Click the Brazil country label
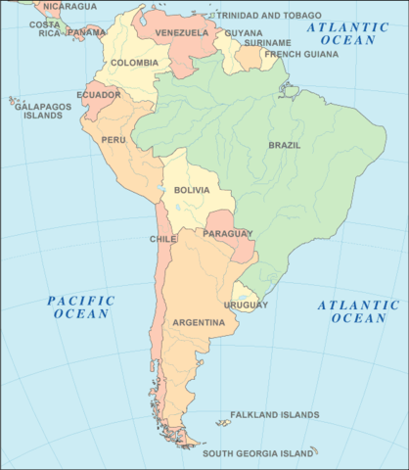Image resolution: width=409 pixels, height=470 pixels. pyautogui.click(x=284, y=146)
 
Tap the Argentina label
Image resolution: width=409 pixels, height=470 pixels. pyautogui.click(x=199, y=322)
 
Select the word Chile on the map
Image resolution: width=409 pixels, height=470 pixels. pyautogui.click(x=162, y=239)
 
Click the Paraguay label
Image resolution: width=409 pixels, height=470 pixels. pyautogui.click(x=228, y=233)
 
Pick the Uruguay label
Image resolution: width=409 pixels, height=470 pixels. pyautogui.click(x=246, y=305)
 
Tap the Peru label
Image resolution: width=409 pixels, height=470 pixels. pyautogui.click(x=113, y=140)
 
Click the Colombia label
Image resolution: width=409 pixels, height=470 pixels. pyautogui.click(x=134, y=63)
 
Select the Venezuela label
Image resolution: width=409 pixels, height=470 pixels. pyautogui.click(x=182, y=32)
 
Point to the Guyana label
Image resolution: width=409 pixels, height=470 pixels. pyautogui.click(x=244, y=32)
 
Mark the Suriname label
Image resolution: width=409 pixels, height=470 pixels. pyautogui.click(x=268, y=43)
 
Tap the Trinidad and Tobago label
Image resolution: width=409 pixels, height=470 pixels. pyautogui.click(x=268, y=16)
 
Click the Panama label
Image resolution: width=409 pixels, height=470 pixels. pyautogui.click(x=87, y=31)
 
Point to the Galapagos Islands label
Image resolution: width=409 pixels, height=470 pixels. pyautogui.click(x=38, y=110)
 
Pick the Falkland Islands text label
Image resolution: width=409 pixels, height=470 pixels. pyautogui.click(x=274, y=415)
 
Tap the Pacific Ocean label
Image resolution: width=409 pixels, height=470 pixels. pyautogui.click(x=82, y=306)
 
